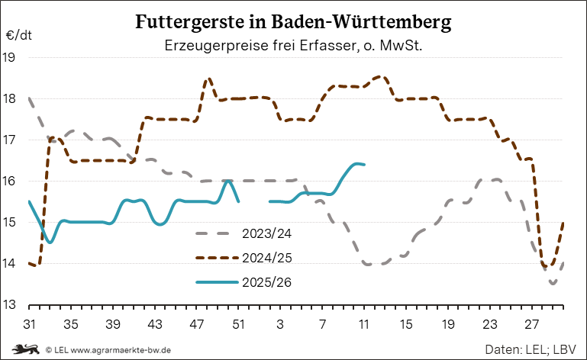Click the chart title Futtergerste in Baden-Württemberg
point(293,21)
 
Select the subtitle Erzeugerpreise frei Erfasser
point(293,46)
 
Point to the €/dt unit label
point(19,36)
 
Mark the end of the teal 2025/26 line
point(364,164)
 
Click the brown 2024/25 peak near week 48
point(208,78)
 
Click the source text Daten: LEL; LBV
point(531,349)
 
